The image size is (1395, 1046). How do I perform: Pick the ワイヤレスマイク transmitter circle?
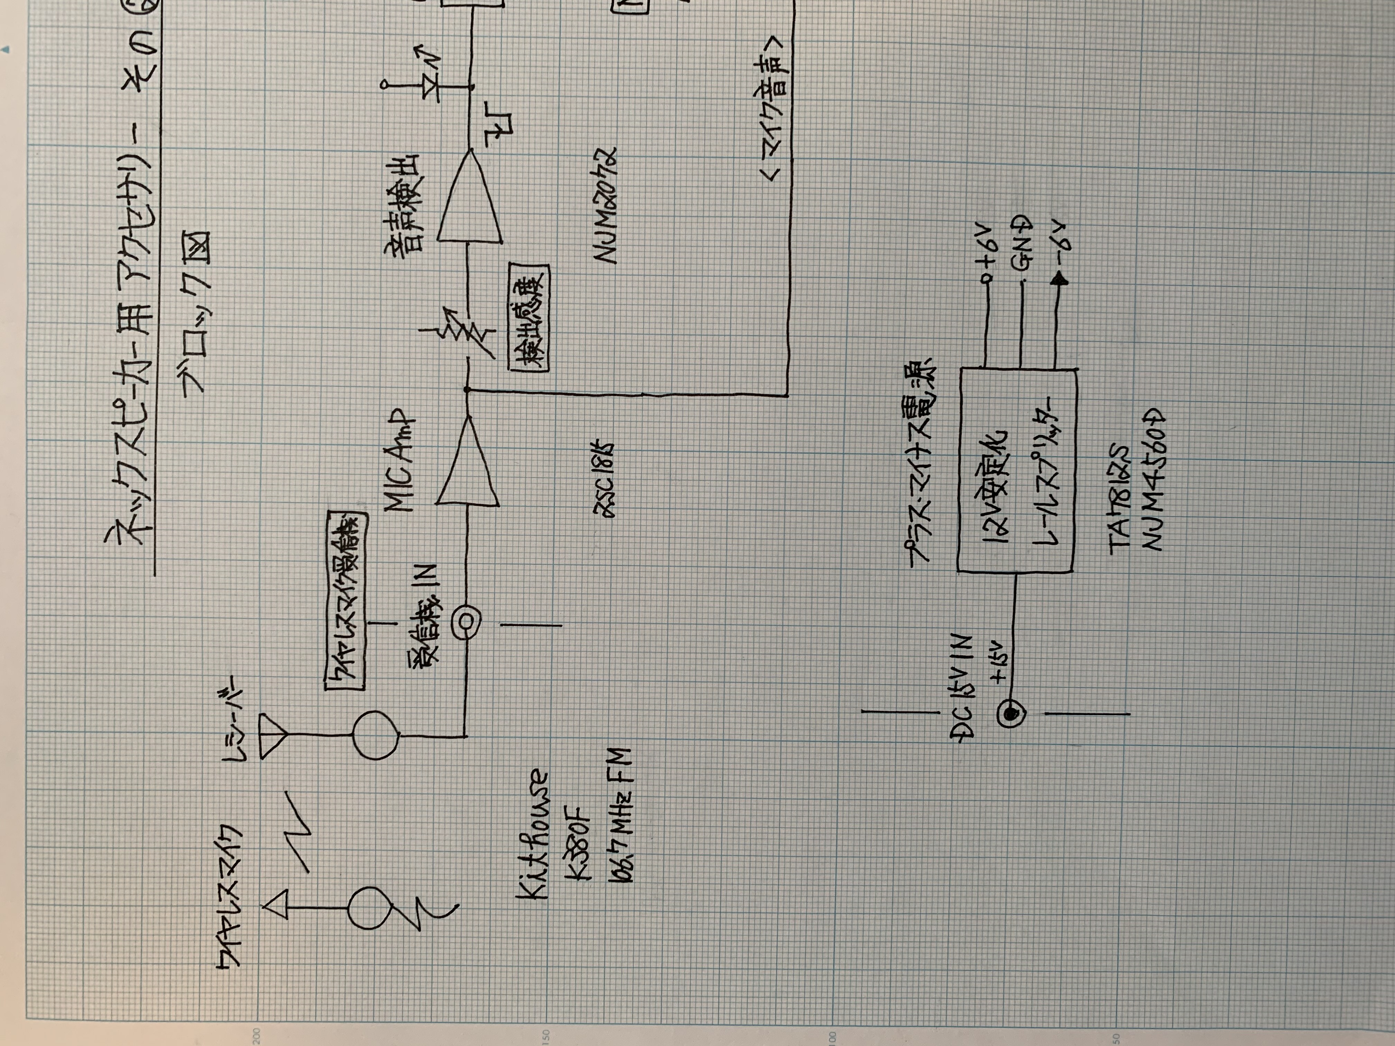pyautogui.click(x=371, y=908)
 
